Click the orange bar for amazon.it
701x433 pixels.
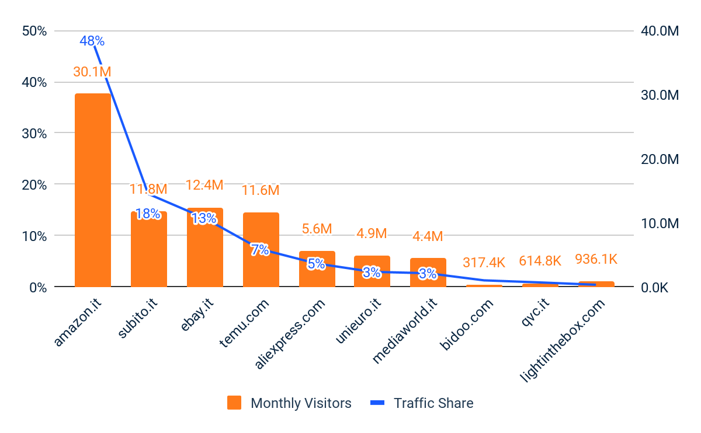92,190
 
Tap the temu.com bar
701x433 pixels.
261,249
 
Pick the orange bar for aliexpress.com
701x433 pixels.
317,269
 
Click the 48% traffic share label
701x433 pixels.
92,41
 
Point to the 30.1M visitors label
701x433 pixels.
92,72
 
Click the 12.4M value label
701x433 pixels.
204,185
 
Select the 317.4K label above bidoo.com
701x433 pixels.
484,263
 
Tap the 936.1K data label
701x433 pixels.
596,259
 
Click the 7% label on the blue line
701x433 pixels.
260,250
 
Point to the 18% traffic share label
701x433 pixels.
148,214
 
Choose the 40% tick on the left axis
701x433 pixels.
34,82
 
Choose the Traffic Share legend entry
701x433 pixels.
422,403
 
